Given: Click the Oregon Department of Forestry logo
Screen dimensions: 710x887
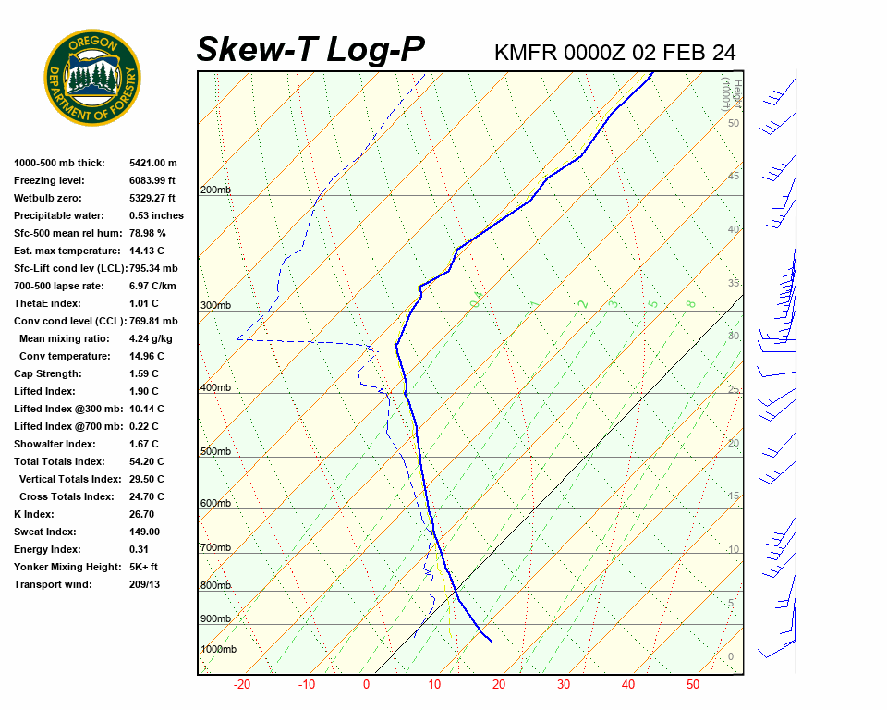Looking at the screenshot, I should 92,77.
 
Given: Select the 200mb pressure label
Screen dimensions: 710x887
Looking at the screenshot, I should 215,190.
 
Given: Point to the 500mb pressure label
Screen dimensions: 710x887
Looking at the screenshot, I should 215,451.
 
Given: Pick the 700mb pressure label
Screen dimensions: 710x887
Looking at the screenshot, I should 215,548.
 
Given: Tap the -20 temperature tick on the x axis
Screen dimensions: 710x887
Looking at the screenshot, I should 242,685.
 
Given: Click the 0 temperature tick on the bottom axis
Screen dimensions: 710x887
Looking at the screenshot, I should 366,685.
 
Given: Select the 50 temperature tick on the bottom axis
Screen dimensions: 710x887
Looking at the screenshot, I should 693,685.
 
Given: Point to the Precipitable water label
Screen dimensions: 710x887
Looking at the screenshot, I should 61,215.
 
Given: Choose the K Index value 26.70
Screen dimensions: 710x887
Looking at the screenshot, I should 142,514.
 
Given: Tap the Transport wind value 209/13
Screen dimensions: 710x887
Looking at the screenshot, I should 144,584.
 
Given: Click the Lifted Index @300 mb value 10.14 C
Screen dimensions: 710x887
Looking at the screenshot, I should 147,409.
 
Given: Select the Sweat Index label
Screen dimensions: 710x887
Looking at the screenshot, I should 45,532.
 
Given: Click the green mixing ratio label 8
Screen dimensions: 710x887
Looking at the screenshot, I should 690,303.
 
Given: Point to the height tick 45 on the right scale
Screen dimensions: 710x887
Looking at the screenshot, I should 734,176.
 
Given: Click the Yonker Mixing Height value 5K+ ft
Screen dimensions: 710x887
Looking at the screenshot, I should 144,567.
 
